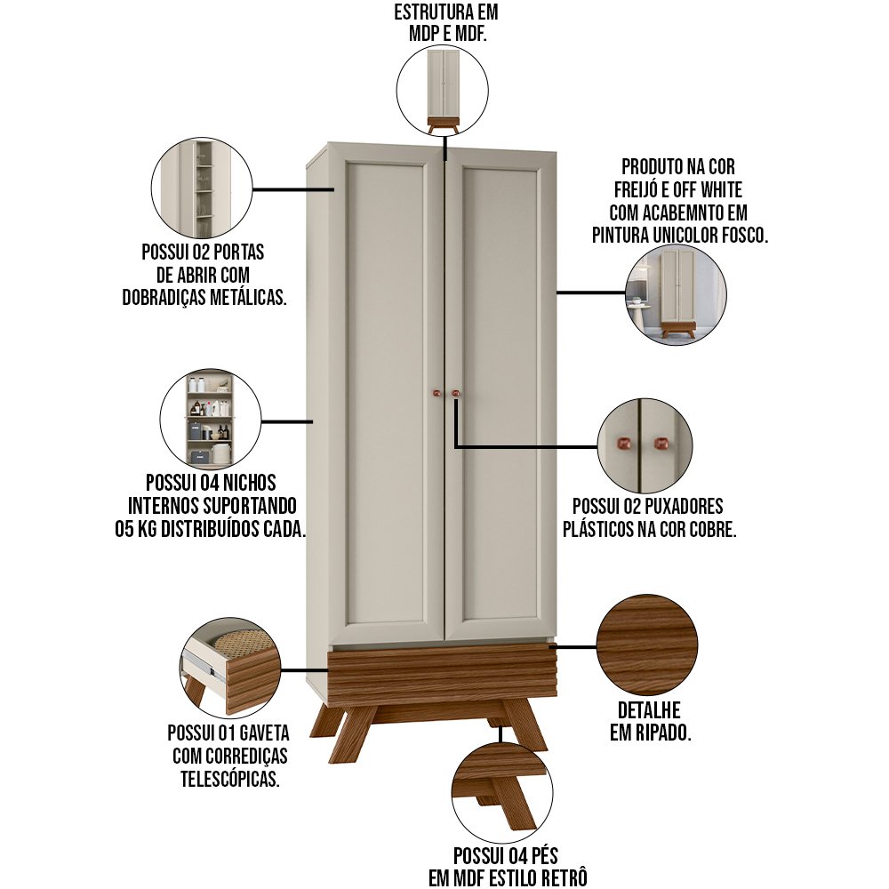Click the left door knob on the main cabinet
point(436,392)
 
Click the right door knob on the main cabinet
point(455,392)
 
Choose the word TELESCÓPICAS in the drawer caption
point(230,779)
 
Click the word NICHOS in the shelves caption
point(249,483)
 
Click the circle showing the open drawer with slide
point(231,668)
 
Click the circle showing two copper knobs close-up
point(645,446)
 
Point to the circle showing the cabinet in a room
point(676,295)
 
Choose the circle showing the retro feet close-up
point(502,793)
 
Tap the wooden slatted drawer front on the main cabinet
point(442,674)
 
